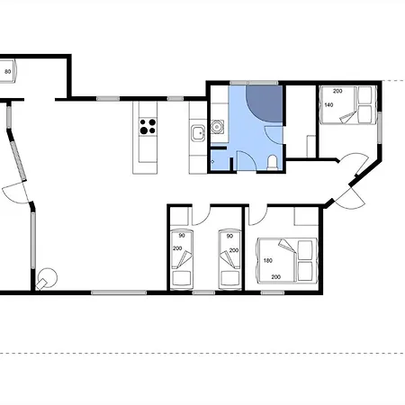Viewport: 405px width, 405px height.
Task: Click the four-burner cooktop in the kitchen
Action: tap(148, 127)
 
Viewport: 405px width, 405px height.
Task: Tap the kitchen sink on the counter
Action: tap(198, 133)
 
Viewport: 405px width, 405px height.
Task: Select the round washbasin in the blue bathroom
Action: tap(217, 127)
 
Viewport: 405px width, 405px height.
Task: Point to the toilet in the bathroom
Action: tap(273, 162)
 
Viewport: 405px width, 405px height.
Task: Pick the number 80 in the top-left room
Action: tap(8, 72)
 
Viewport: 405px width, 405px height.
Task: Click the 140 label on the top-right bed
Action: tap(328, 105)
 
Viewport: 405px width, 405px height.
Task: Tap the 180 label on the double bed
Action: tap(268, 260)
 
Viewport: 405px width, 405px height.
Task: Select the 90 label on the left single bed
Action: tap(182, 236)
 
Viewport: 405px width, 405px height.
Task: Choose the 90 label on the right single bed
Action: tap(229, 236)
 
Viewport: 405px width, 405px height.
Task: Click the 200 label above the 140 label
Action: tap(337, 91)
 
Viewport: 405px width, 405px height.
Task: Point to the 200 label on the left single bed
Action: tap(177, 248)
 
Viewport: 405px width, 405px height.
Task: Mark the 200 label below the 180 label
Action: tap(276, 277)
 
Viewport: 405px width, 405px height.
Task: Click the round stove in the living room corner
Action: tap(47, 279)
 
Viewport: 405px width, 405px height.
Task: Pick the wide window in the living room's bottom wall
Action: tap(119, 292)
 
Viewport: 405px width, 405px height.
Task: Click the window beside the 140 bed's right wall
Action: tap(380, 128)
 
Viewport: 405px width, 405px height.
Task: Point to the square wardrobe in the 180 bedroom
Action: tap(306, 216)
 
